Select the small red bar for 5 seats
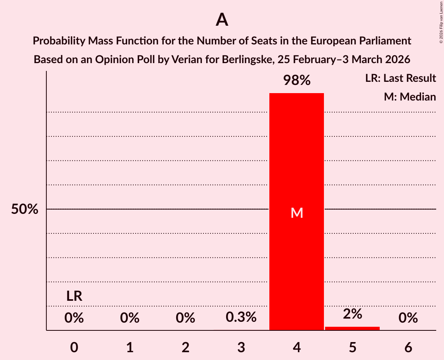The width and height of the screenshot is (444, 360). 352,328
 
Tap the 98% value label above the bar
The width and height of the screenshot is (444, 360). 297,81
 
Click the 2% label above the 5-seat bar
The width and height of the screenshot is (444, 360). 352,314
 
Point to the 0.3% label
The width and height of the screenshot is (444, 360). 241,318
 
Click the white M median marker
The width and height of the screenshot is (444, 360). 297,213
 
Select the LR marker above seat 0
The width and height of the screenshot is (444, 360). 74,296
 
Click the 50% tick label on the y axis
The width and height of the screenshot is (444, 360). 25,209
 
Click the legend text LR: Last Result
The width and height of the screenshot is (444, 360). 400,78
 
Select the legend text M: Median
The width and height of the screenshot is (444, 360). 410,97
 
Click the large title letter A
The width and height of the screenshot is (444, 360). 222,19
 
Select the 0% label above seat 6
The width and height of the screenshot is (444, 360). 408,318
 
